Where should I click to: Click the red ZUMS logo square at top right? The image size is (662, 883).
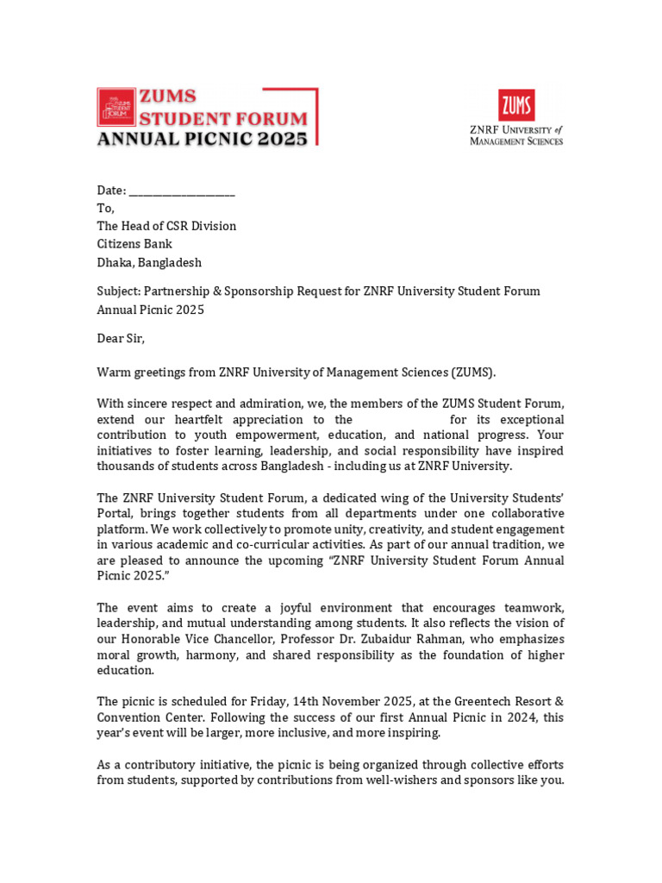[x=515, y=105]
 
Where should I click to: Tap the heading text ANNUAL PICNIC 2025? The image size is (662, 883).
[x=202, y=138]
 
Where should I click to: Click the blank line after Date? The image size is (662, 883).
[x=182, y=191]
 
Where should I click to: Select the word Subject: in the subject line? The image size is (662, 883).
[x=118, y=291]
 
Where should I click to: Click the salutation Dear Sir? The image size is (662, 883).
[x=121, y=338]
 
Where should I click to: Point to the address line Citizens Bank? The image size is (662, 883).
[x=134, y=244]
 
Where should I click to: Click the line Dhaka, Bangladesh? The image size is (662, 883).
[x=149, y=262]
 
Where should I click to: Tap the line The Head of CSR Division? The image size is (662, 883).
[x=166, y=226]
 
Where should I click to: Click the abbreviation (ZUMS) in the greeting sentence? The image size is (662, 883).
[x=474, y=373]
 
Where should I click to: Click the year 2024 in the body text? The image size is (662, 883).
[x=508, y=717]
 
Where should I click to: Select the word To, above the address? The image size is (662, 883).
[x=105, y=208]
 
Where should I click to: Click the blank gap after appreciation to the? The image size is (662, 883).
[x=402, y=420]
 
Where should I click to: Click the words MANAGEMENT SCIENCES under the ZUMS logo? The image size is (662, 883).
[x=516, y=141]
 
